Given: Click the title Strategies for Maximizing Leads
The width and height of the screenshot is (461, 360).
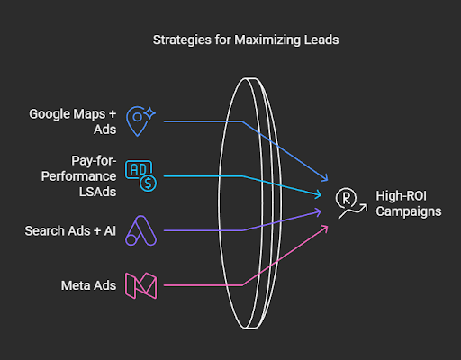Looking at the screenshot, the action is click(246, 40).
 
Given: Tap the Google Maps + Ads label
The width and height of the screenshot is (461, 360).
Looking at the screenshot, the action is click(73, 121).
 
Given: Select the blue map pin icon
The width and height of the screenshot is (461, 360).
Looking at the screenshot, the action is click(140, 121).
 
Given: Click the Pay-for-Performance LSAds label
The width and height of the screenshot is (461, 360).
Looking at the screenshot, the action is click(78, 176).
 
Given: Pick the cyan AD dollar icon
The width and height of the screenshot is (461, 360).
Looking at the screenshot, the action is click(140, 176).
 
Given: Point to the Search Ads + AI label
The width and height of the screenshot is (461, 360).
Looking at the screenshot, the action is click(70, 231).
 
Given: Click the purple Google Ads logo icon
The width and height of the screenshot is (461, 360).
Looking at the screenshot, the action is click(140, 230).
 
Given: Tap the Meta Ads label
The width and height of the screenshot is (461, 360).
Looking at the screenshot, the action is click(88, 285).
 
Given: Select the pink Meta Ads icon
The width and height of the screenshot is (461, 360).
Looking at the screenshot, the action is click(140, 285).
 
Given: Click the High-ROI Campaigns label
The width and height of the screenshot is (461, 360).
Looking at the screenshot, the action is click(409, 203).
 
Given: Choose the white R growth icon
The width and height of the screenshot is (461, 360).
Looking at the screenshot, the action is click(351, 203).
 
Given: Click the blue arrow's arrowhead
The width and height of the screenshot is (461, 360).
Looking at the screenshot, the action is click(325, 178).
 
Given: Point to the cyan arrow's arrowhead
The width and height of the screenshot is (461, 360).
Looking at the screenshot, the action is click(319, 194).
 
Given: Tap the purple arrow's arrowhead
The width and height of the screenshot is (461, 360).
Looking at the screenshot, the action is click(319, 212).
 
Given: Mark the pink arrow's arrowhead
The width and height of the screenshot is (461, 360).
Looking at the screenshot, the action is click(325, 228).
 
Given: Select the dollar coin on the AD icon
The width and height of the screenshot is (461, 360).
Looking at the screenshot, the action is click(148, 183).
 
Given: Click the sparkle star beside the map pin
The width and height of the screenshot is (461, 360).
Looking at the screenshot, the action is click(149, 113).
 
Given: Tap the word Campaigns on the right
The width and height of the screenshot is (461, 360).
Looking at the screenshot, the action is click(409, 211).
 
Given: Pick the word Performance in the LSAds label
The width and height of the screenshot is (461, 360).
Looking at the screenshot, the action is click(78, 176).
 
